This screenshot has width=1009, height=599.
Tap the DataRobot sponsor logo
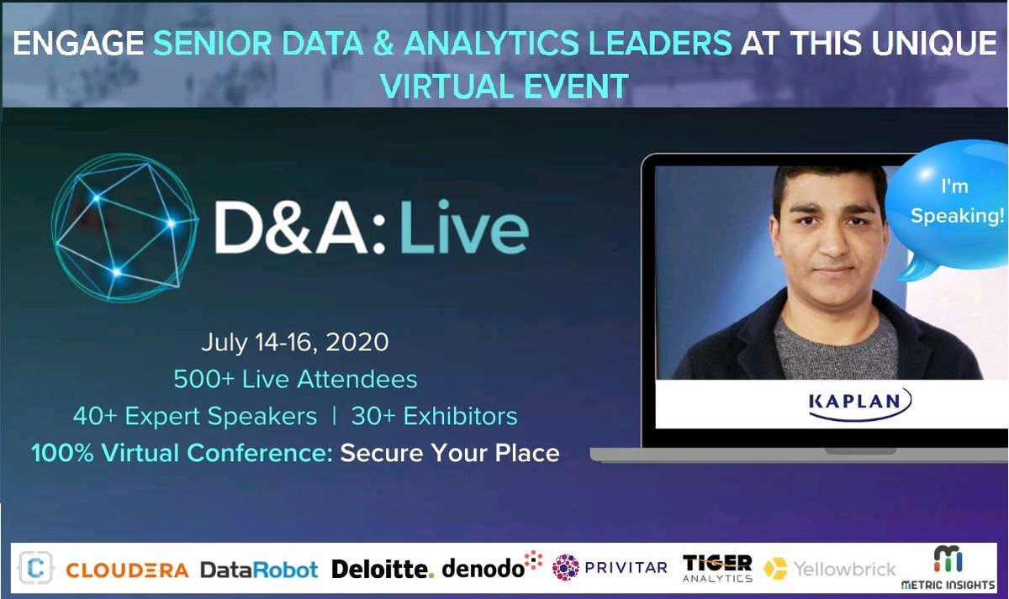tap(259, 570)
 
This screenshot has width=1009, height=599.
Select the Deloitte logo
tap(383, 569)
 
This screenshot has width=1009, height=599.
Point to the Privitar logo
tap(610, 568)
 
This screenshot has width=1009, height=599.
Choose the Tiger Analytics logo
tap(717, 568)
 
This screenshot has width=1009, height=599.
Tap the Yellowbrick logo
tap(830, 570)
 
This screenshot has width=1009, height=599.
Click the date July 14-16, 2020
tap(294, 343)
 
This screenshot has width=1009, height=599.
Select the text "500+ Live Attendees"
tap(295, 379)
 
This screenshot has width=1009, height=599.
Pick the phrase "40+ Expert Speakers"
tap(195, 416)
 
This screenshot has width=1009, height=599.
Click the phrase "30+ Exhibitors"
tap(434, 416)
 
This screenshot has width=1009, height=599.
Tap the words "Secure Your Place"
tap(450, 453)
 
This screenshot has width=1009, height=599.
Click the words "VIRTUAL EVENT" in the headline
tap(504, 86)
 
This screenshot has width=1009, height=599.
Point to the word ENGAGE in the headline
tap(77, 45)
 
